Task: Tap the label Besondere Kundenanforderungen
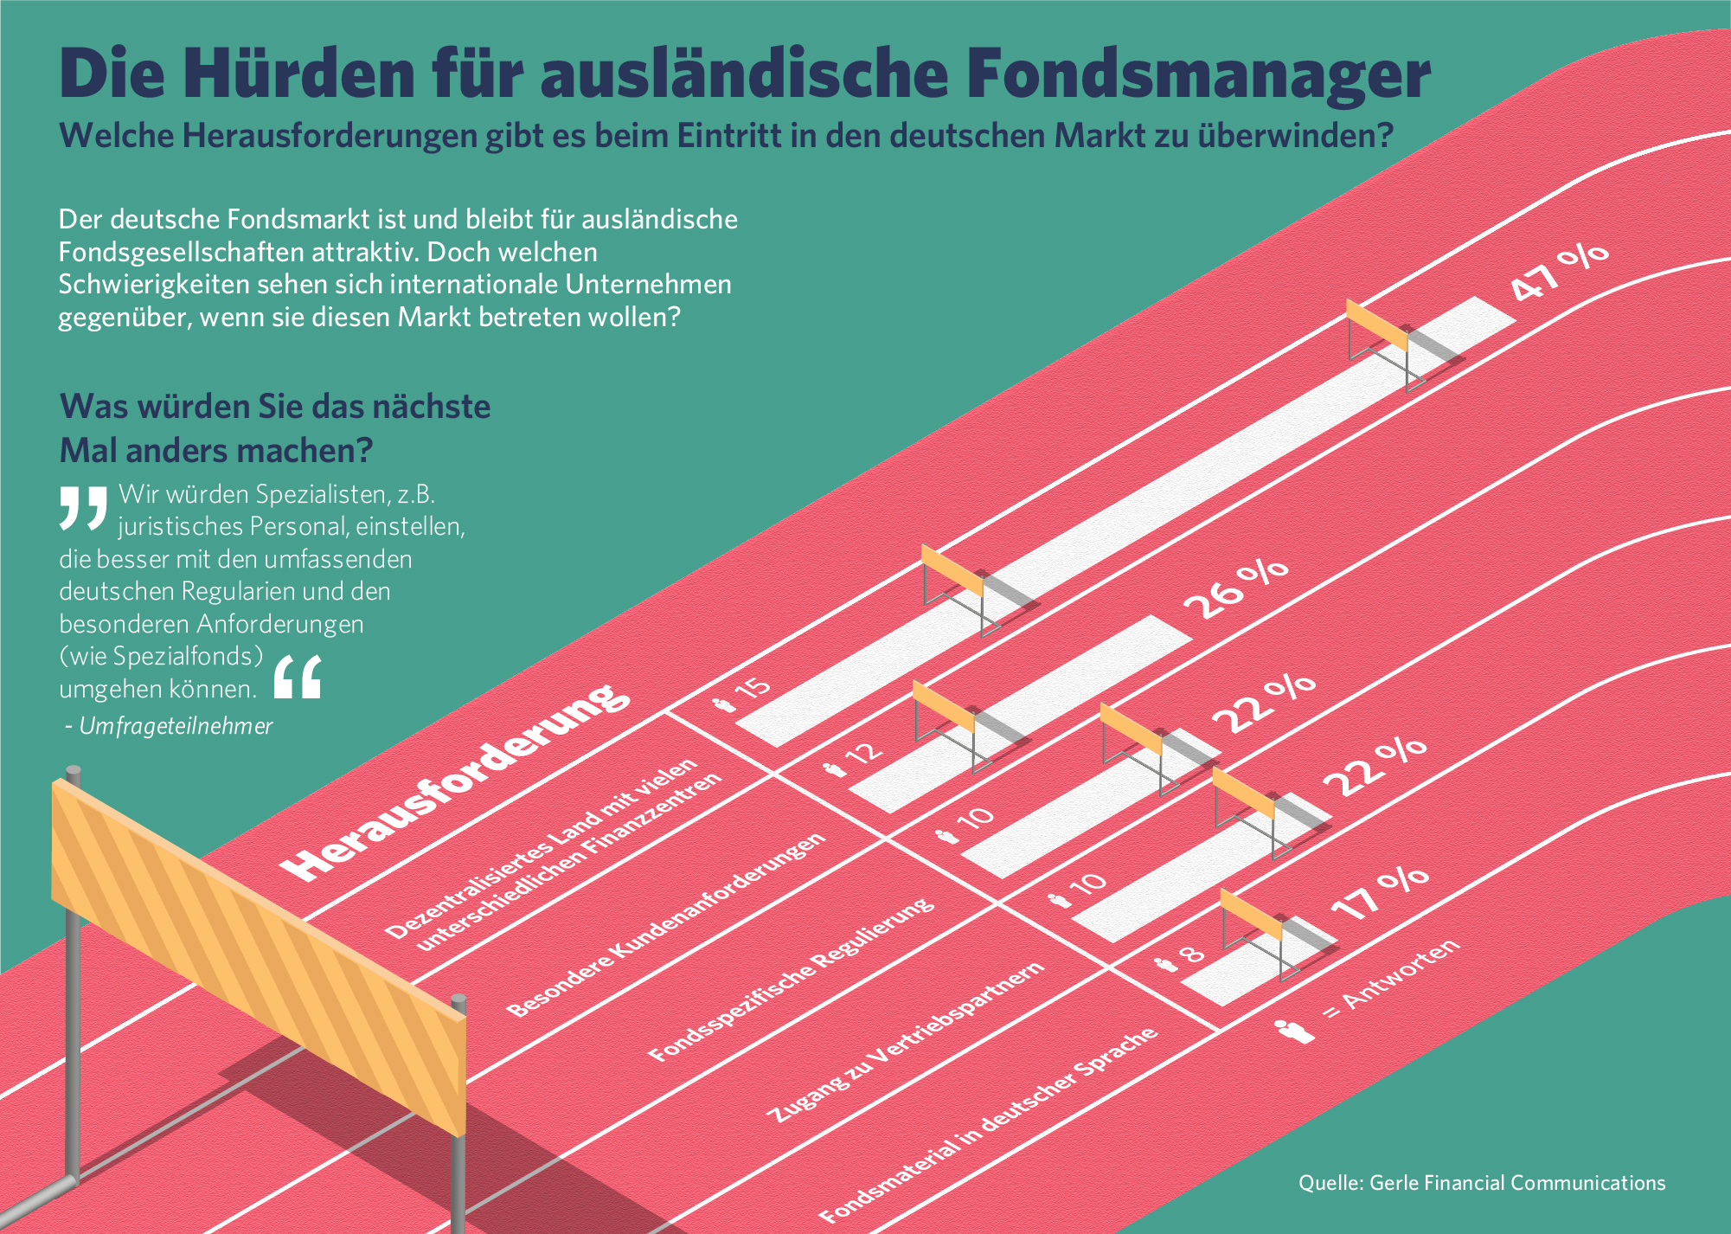[665, 925]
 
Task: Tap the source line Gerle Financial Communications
[1481, 1183]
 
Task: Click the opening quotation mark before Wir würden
[83, 507]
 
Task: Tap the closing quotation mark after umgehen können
[298, 677]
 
